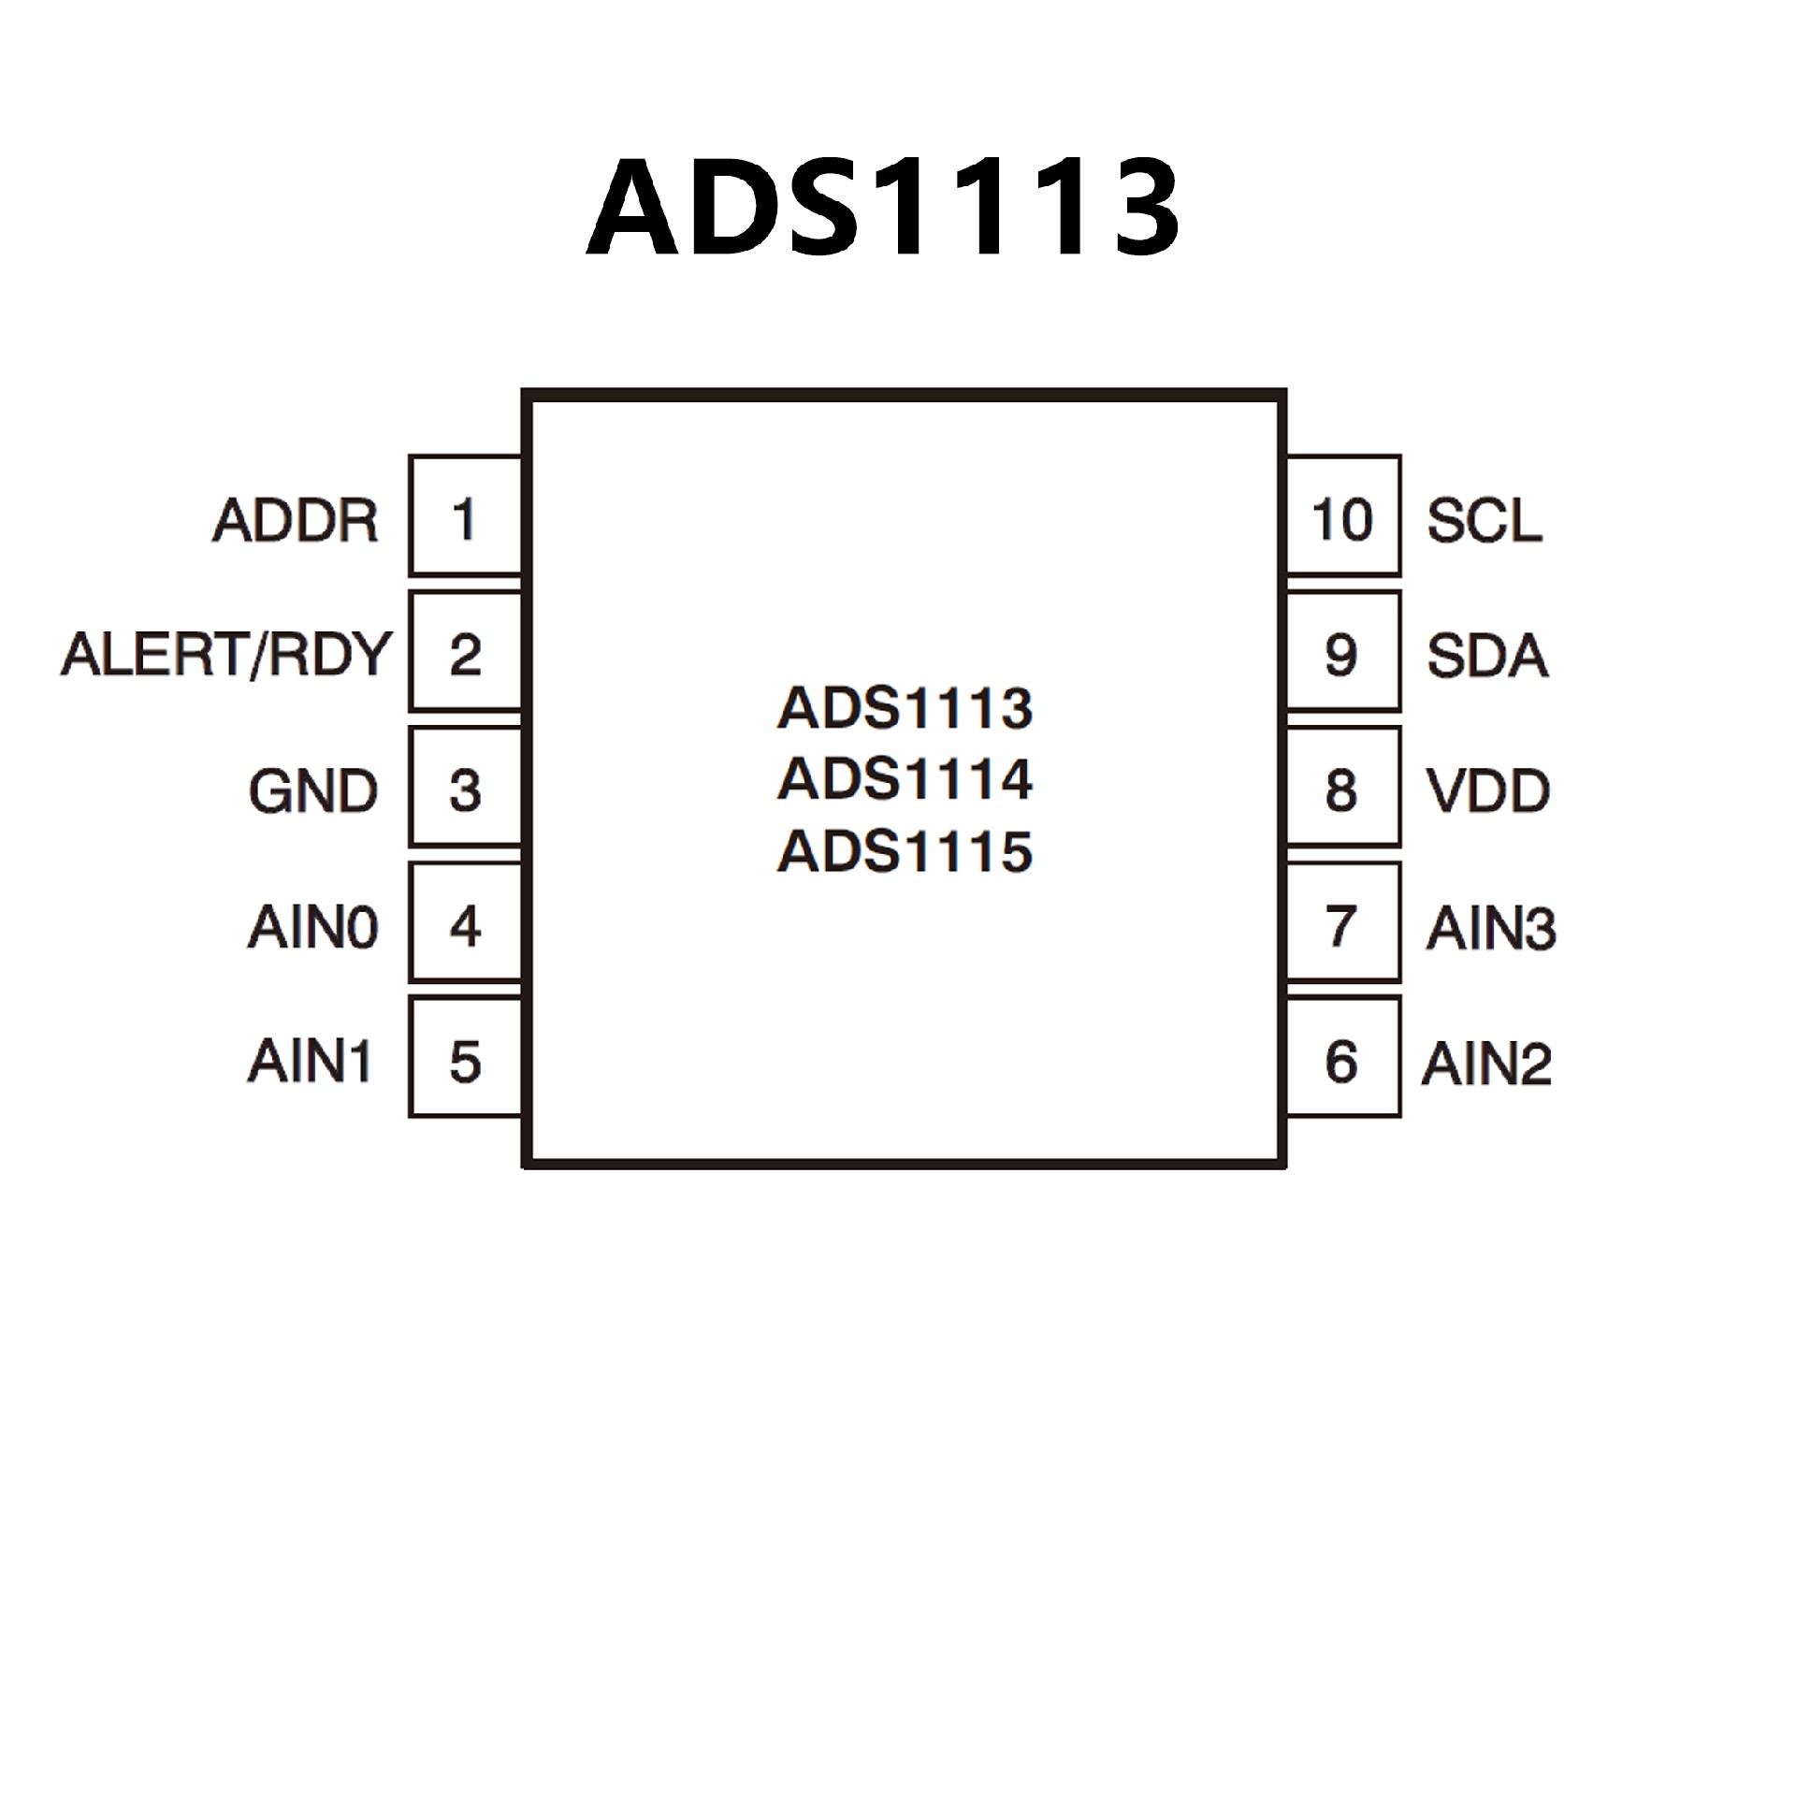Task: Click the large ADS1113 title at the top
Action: point(882,207)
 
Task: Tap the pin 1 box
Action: point(465,515)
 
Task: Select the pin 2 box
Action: point(465,652)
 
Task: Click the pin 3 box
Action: point(465,788)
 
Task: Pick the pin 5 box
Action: point(465,1058)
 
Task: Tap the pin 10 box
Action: point(1342,515)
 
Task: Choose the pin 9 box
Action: point(1342,652)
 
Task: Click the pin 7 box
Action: point(1342,923)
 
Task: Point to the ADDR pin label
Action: point(296,520)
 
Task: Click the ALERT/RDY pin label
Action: point(225,654)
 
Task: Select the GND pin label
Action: point(313,790)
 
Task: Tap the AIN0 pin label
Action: point(313,927)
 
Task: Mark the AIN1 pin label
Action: point(310,1061)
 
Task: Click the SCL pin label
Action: point(1485,520)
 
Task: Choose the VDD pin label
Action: point(1488,790)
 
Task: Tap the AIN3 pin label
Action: point(1491,927)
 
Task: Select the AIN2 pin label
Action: point(1487,1063)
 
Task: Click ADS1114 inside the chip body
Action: point(905,778)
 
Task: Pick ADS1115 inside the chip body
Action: point(905,850)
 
